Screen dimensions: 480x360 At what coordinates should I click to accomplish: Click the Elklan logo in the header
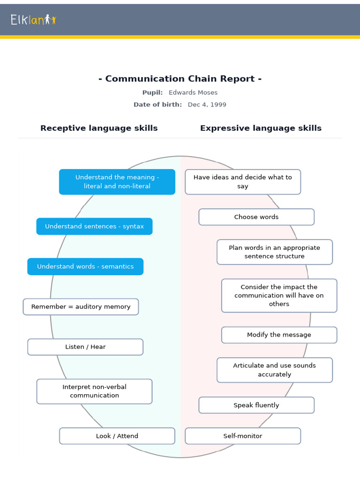click(x=33, y=20)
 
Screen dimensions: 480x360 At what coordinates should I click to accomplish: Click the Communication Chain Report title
click(x=180, y=79)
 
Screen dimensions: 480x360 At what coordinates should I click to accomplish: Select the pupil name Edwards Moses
click(x=193, y=92)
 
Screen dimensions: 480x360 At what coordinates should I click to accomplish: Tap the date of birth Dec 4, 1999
click(x=207, y=105)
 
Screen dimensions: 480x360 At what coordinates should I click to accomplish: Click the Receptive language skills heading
click(x=99, y=128)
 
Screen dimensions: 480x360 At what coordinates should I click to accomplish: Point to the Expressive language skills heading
click(x=261, y=128)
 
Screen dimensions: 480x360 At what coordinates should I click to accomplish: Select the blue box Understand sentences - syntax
click(x=94, y=226)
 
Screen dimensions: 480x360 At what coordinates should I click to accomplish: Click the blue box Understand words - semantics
click(x=85, y=266)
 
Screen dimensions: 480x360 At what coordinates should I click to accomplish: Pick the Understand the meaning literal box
click(x=117, y=182)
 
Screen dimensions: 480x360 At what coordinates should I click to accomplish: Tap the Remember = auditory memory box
click(x=81, y=307)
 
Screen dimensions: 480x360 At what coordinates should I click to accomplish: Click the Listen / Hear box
click(x=85, y=347)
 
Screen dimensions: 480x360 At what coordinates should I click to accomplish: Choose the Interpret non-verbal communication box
click(x=94, y=391)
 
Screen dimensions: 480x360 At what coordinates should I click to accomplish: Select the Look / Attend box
click(x=117, y=436)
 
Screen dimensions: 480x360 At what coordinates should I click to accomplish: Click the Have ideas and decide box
click(x=242, y=182)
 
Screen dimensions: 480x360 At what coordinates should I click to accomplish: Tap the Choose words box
click(x=256, y=217)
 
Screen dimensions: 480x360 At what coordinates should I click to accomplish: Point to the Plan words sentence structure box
click(x=274, y=252)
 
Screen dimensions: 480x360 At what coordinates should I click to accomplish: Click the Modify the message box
click(x=279, y=335)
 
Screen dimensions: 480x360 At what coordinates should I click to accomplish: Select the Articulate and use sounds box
click(x=274, y=370)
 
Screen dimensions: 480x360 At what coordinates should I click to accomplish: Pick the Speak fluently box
click(x=256, y=405)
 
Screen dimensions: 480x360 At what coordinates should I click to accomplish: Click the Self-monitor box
click(x=242, y=436)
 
